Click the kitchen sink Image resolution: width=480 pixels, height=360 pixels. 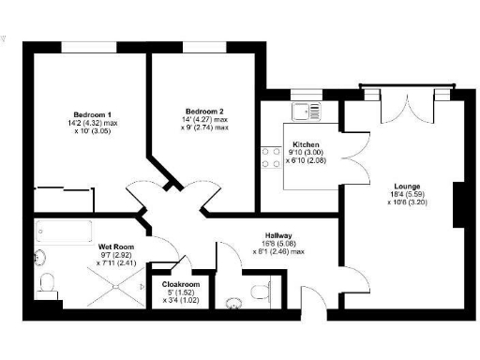pos(307,112)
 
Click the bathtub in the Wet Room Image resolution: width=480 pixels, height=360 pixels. pos(63,232)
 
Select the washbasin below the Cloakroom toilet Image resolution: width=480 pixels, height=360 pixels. pos(233,302)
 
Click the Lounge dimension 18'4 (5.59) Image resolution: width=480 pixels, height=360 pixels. pos(406,195)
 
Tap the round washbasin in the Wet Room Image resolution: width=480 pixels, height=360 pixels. pos(39,257)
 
